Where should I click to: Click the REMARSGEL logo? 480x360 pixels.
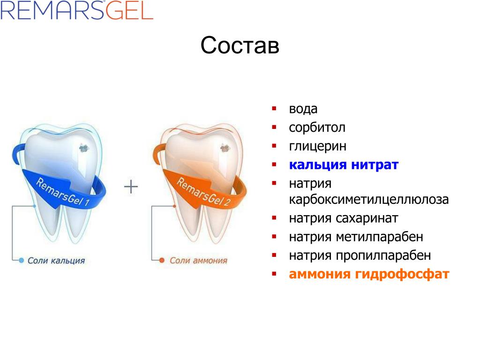point(76,10)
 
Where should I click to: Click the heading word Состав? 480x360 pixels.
point(240,45)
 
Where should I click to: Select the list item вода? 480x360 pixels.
point(303,109)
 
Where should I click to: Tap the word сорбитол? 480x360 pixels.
point(317,127)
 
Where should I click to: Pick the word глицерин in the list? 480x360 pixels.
point(318,146)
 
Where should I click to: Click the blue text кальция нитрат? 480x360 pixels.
point(344,165)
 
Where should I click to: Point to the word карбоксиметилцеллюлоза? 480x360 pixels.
point(369,200)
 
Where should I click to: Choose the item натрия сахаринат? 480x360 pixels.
point(344,218)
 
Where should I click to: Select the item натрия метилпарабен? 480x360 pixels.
point(356,237)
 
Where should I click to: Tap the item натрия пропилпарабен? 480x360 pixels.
point(360,255)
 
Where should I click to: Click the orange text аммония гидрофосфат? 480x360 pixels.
point(369,274)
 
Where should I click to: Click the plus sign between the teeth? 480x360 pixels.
point(131,187)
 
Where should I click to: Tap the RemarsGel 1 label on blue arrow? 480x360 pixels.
point(63,192)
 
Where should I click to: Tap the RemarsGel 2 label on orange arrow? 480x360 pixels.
point(203,192)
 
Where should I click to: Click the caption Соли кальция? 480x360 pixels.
point(56,261)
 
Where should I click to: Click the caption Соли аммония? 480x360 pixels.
point(199,261)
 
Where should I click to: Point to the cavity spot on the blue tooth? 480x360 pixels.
point(84,149)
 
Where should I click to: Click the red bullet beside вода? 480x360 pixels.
point(274,108)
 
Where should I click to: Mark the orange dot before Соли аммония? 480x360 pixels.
point(162,261)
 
